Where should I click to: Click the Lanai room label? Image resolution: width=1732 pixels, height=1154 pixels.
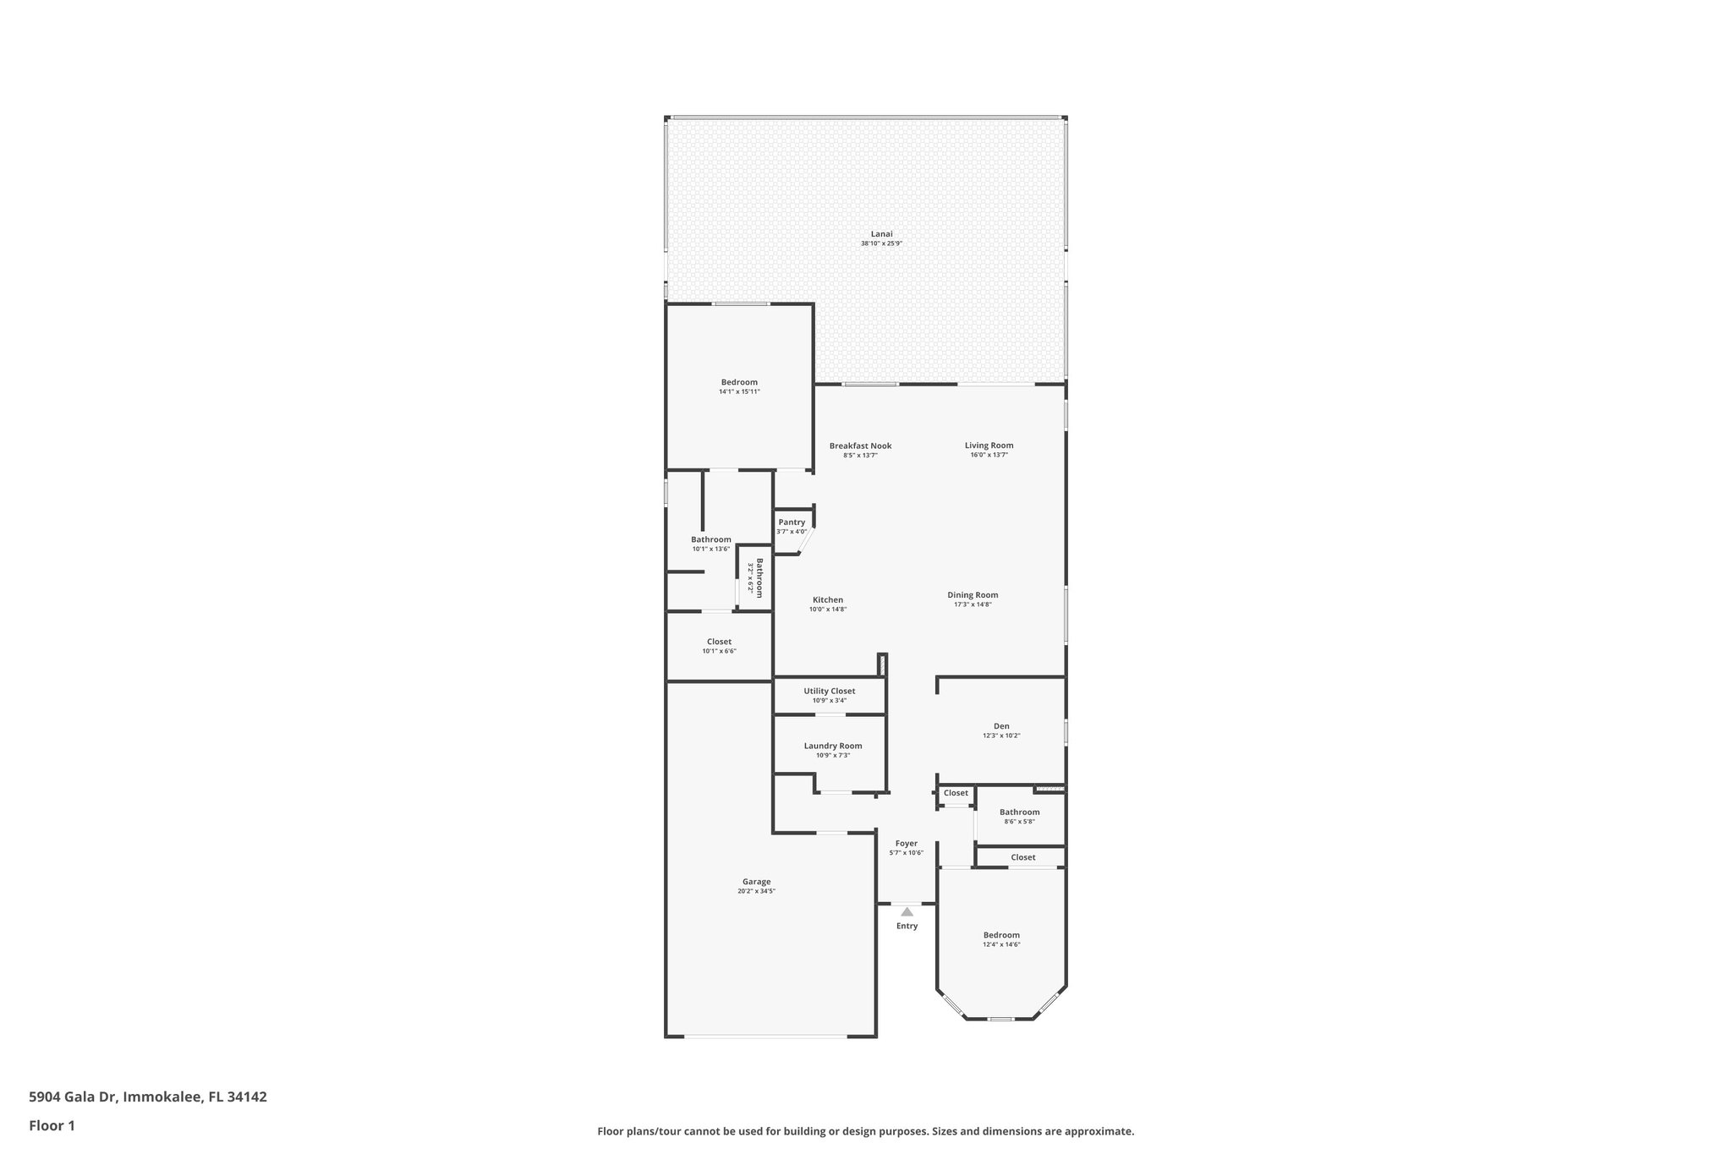[881, 234]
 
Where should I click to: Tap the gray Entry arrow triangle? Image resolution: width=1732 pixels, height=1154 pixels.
[907, 912]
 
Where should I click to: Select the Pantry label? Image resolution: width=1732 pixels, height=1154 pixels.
[792, 522]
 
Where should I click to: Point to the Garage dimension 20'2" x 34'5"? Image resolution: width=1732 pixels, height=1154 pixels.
[756, 891]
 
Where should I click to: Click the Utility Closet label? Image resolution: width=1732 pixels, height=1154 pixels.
[829, 691]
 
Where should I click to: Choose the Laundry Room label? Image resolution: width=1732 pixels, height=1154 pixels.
[833, 746]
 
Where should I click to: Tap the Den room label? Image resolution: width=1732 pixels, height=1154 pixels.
[1001, 726]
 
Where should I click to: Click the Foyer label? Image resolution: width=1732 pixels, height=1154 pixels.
[906, 844]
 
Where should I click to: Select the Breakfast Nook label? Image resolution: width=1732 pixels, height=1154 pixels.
[860, 446]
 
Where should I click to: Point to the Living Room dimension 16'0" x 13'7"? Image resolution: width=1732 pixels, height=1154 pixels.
[989, 455]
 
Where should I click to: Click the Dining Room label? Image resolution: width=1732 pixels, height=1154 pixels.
[973, 595]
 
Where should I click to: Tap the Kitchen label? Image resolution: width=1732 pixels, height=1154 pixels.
[827, 600]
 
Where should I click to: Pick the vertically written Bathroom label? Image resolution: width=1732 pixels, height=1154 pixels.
[759, 577]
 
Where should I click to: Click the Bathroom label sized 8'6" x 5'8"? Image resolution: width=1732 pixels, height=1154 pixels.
[1019, 812]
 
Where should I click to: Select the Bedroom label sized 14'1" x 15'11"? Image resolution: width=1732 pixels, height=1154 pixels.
[739, 382]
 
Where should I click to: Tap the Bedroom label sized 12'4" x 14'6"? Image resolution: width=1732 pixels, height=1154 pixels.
[1001, 935]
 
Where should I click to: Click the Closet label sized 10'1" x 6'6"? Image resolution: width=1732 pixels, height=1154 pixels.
[719, 642]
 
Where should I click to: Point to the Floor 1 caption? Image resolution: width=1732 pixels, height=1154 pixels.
[52, 1126]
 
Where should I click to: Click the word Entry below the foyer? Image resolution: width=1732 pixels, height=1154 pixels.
[907, 926]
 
